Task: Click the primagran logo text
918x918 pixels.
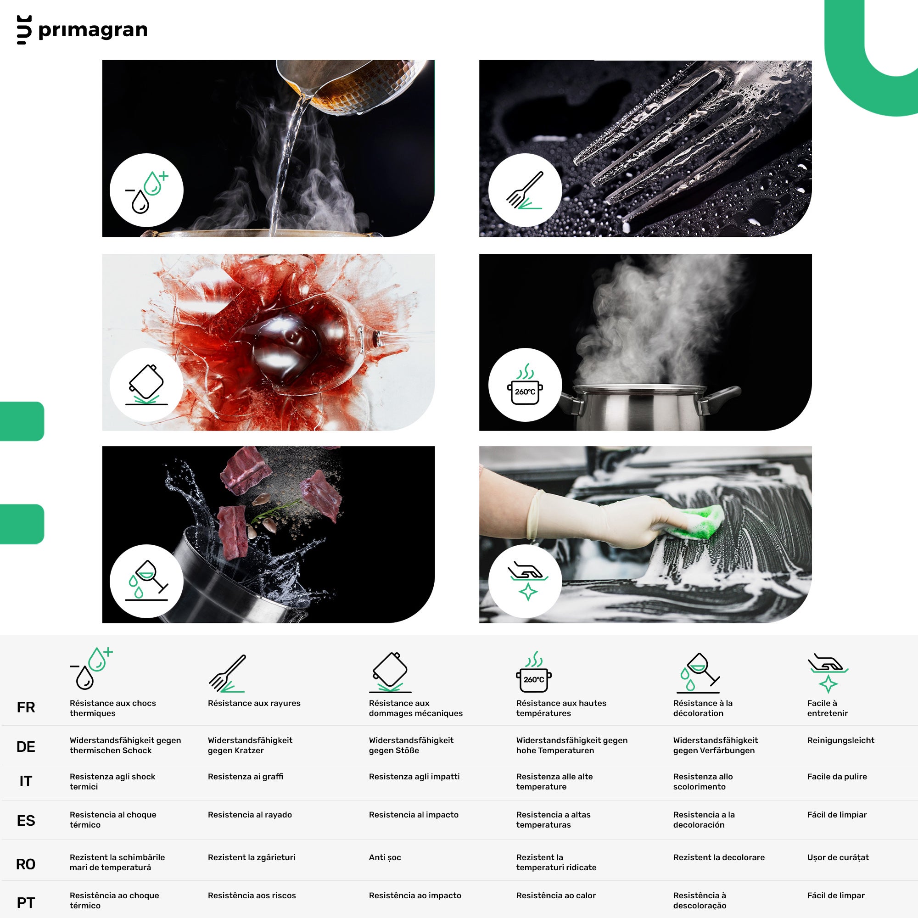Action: click(93, 30)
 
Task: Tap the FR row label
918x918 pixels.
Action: click(26, 707)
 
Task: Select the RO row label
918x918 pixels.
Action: click(26, 864)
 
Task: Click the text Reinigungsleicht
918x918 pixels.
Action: click(840, 740)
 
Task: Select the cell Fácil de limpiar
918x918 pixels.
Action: click(837, 815)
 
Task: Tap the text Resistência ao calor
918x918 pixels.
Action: click(556, 896)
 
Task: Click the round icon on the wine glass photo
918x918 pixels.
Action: click(146, 385)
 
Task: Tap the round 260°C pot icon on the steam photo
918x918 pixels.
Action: click(525, 385)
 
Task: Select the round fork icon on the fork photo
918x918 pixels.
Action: click(525, 190)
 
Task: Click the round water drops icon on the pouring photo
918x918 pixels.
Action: click(146, 190)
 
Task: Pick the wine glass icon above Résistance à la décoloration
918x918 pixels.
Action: click(698, 673)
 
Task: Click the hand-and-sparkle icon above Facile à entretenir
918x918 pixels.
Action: click(828, 673)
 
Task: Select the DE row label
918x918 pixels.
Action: click(26, 747)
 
